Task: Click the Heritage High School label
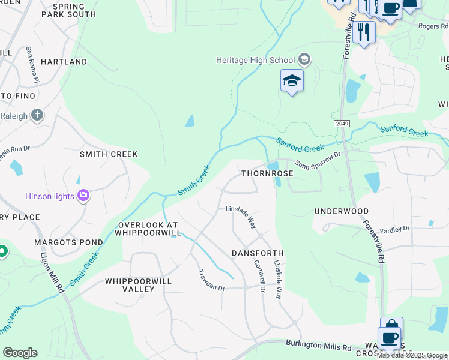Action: point(256,60)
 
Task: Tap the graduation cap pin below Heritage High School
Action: point(292,81)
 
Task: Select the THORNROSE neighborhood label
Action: point(267,173)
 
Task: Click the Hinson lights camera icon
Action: point(83,196)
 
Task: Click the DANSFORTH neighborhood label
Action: point(258,254)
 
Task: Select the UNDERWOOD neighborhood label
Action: point(342,212)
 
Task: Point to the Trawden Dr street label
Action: point(211,280)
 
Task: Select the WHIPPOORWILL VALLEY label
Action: point(130,285)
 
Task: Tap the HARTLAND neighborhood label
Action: point(64,62)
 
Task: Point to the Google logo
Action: point(20,353)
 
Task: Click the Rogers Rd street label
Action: point(433,26)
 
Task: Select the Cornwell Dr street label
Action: point(259,276)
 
